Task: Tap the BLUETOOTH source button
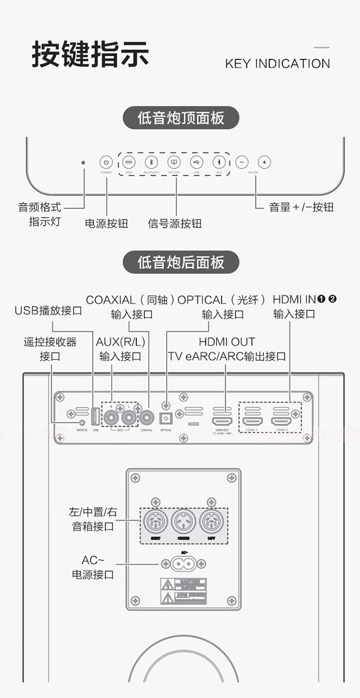pyautogui.click(x=151, y=162)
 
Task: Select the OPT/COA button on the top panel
pyautogui.click(x=174, y=162)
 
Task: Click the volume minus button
pyautogui.click(x=242, y=162)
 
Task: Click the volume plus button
pyautogui.click(x=264, y=162)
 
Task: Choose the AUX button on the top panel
pyautogui.click(x=219, y=162)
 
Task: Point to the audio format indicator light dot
pyautogui.click(x=83, y=163)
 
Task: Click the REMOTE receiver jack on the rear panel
pyautogui.click(x=82, y=422)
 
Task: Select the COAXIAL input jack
pyautogui.click(x=146, y=419)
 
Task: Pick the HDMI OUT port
pyautogui.click(x=222, y=421)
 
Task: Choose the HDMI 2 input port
pyautogui.click(x=281, y=421)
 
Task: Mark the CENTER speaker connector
pyautogui.click(x=183, y=521)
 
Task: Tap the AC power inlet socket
pyautogui.click(x=184, y=564)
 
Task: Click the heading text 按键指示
pyautogui.click(x=90, y=55)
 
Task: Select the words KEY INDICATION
pyautogui.click(x=277, y=64)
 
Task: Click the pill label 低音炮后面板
pyautogui.click(x=181, y=262)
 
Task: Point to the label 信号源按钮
pyautogui.click(x=175, y=223)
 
